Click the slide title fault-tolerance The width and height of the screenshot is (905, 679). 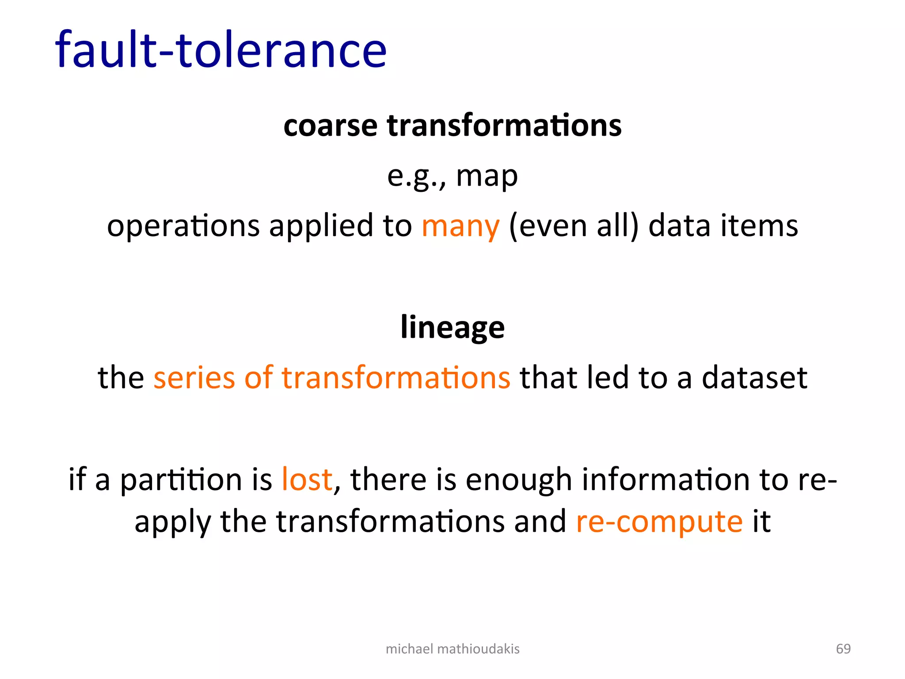pos(221,50)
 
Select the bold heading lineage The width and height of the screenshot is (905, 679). pos(452,327)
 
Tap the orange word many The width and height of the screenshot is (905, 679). pos(460,226)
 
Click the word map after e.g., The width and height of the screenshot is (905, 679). pos(487,176)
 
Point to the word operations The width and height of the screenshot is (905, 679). pos(183,226)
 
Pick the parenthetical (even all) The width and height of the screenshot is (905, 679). pos(574,226)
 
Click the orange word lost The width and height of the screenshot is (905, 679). pos(307,480)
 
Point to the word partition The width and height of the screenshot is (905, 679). pos(181,480)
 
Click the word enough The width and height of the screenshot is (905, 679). pos(519,480)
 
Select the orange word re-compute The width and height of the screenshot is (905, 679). pos(659,522)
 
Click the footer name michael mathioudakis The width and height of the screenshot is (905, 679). pos(452,649)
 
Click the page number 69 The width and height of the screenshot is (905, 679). pos(843,649)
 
